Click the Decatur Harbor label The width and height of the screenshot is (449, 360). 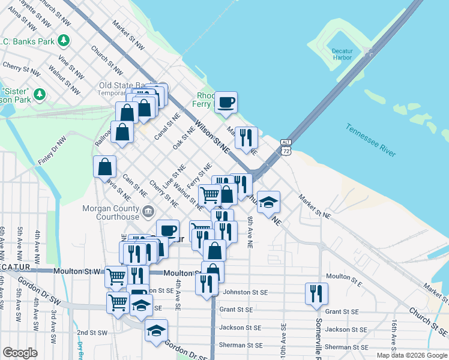(342, 55)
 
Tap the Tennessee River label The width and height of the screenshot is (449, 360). (371, 140)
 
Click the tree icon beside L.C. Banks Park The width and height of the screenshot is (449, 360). (64, 41)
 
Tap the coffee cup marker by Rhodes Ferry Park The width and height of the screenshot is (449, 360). (226, 102)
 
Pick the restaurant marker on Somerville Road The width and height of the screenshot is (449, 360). (316, 293)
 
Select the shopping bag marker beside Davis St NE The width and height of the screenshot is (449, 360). (104, 166)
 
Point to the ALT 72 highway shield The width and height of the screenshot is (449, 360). (286, 146)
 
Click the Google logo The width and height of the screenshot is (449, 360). (20, 353)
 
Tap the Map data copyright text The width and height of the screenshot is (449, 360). (411, 355)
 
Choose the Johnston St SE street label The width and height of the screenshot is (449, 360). (245, 292)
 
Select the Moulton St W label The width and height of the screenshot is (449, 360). (75, 271)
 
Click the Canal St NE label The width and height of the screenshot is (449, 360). (166, 128)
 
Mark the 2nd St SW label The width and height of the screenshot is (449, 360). (91, 332)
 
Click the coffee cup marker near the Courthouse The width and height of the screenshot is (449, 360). (168, 230)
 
